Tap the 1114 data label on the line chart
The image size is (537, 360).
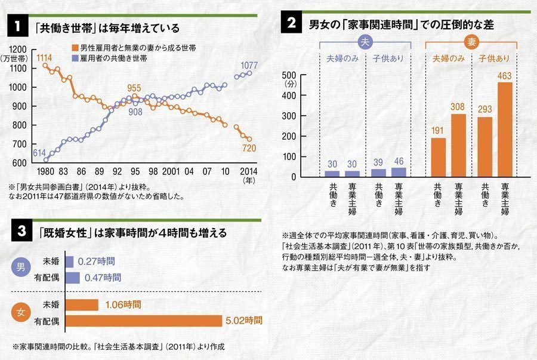44,57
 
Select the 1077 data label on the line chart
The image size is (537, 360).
249,64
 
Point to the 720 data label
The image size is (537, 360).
249,147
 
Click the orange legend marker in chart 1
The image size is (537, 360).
74,47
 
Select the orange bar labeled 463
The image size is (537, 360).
505,129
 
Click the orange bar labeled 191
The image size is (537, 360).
438,157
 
